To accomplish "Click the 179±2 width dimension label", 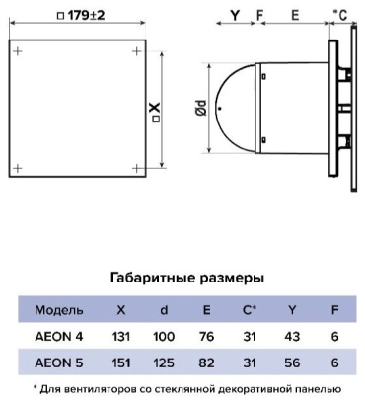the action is [x=81, y=15].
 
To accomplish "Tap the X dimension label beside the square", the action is [x=156, y=112].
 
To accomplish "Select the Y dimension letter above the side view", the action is [x=235, y=15].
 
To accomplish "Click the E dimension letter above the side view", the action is [x=295, y=15].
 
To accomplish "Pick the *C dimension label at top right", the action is [x=340, y=15].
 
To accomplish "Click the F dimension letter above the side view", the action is [x=259, y=15].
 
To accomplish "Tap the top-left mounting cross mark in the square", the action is [x=18, y=51].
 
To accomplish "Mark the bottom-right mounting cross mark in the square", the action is [x=136, y=169].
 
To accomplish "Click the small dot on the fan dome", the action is [x=220, y=108].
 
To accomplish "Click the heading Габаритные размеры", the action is [x=187, y=278].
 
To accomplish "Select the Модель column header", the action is [x=59, y=310].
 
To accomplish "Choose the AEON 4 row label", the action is [x=59, y=337].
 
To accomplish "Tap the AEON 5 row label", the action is [x=59, y=363].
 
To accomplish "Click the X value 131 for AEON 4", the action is [x=121, y=337].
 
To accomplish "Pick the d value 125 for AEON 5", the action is [x=164, y=363].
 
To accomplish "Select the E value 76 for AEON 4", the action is [x=206, y=337].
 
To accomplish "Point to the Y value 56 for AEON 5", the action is [x=292, y=363].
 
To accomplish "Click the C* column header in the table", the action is [x=250, y=310].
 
